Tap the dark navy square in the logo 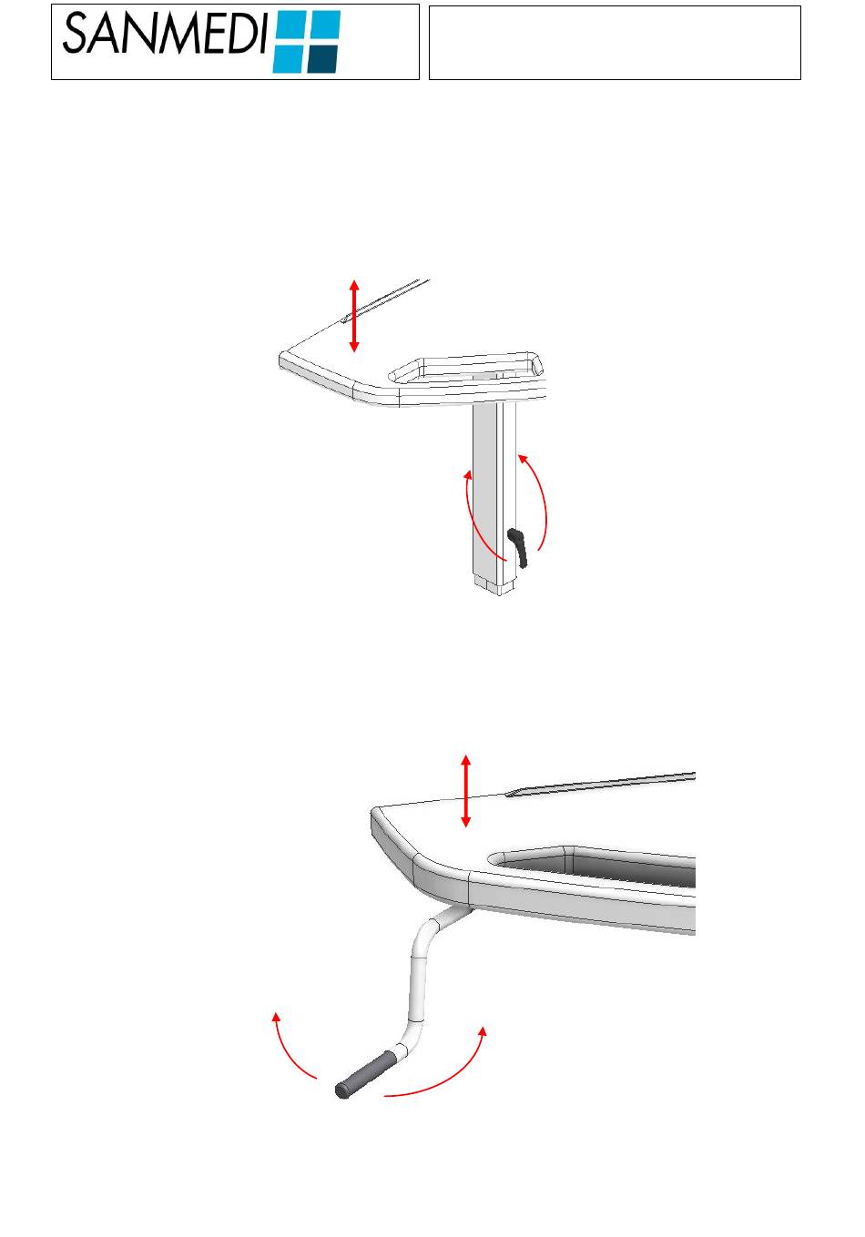coord(322,58)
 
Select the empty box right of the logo coord(615,43)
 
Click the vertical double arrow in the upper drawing coord(354,316)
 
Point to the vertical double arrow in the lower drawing coord(465,791)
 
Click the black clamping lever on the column coord(518,547)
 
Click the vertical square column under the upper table coord(494,492)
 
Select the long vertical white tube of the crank coord(417,989)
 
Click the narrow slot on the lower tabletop coord(600,785)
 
